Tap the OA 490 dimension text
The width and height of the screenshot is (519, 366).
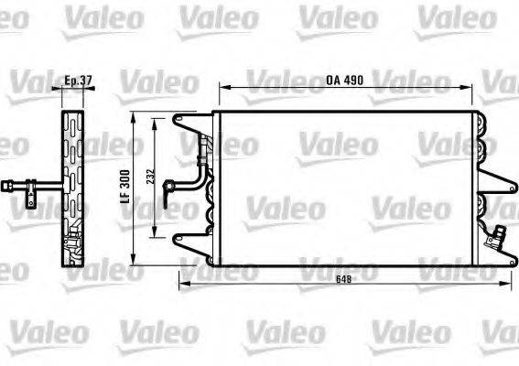coord(345,81)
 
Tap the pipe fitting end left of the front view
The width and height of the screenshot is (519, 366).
coord(168,190)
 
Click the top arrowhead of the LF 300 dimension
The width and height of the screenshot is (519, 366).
coord(135,119)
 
